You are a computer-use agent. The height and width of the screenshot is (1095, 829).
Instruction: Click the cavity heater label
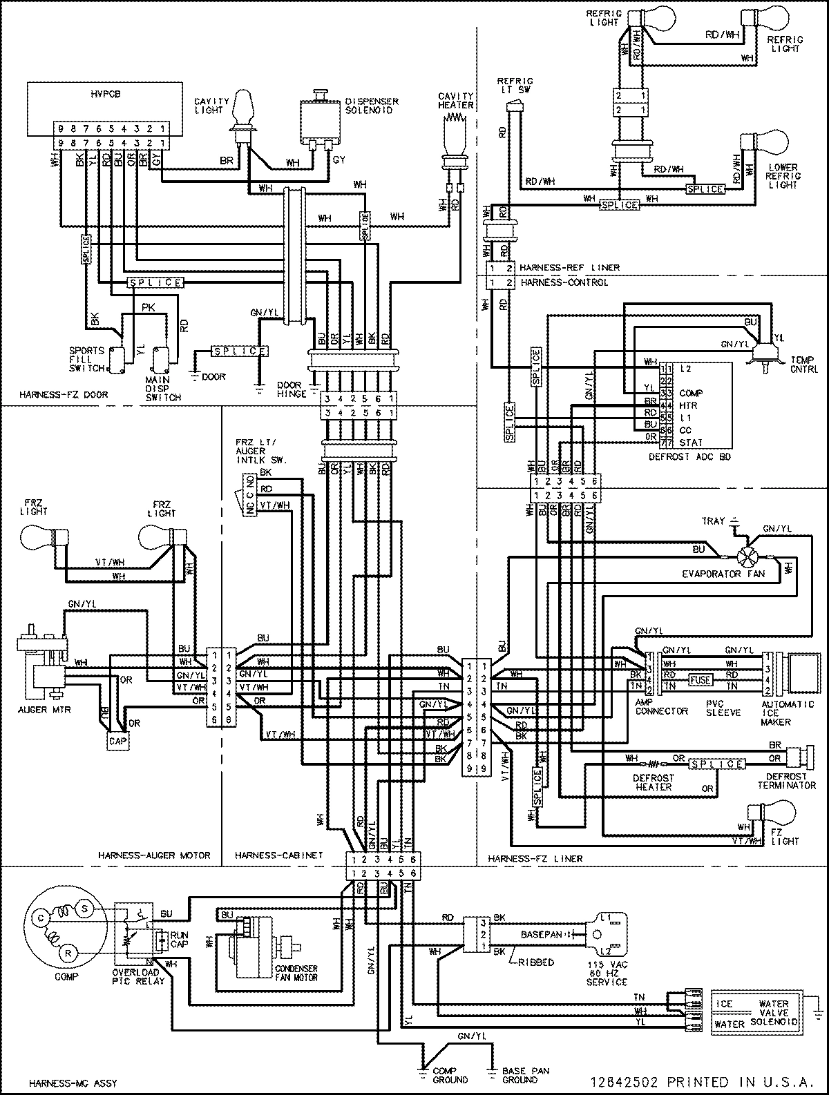coord(456,100)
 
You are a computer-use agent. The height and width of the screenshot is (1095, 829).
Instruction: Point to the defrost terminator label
coord(786,781)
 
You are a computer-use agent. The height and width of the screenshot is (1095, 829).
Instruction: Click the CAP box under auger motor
coord(117,742)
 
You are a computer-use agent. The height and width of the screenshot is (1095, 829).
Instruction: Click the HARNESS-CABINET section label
coord(278,855)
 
